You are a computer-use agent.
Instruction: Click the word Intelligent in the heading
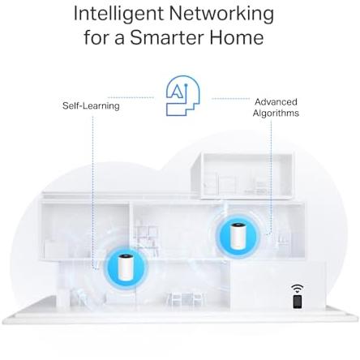coord(118,14)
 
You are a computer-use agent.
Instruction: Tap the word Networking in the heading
coord(221,14)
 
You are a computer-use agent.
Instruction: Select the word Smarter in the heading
coord(167,37)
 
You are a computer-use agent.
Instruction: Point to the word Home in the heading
coord(237,37)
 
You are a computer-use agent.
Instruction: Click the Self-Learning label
coord(91,105)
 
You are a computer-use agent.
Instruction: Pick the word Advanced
coord(276,102)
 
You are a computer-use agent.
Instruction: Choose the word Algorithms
coord(276,113)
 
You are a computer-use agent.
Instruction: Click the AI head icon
coord(182,96)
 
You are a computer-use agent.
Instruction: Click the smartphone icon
coord(298,302)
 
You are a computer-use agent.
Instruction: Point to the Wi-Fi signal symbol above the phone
coord(298,289)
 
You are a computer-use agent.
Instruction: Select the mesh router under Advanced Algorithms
coord(237,236)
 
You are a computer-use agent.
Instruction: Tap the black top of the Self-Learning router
coord(126,256)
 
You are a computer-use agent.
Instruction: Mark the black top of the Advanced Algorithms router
coord(237,225)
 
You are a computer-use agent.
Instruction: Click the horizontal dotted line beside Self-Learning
coord(131,97)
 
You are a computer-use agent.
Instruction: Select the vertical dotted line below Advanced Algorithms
coord(271,176)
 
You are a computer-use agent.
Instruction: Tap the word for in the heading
coord(96,37)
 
